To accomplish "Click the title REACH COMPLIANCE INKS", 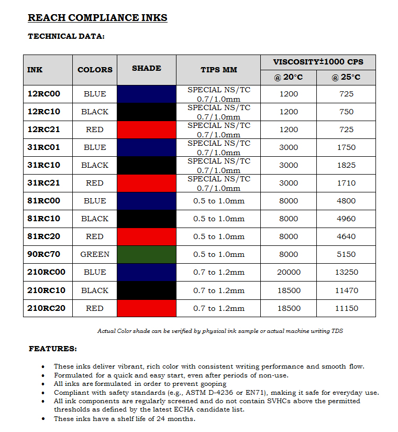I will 97,18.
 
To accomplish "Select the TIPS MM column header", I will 218,70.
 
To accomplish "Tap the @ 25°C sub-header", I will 346,78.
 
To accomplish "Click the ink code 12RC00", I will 44,94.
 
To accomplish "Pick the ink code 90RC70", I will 44,254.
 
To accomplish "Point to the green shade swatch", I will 147,254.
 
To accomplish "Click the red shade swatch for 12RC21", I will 147,129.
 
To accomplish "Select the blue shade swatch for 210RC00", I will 147,272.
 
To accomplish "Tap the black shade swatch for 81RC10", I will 147,219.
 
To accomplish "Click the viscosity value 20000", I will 289,272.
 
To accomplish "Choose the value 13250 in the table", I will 346,272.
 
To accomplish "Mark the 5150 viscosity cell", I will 346,254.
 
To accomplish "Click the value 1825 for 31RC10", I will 346,165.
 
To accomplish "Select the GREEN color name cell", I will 95,254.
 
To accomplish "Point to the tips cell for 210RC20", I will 218,308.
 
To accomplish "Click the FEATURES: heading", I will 52,349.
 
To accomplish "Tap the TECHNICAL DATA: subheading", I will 66,37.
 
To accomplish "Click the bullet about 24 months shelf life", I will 124,419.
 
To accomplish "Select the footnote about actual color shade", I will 220,331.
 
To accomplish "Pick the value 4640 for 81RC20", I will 346,236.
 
